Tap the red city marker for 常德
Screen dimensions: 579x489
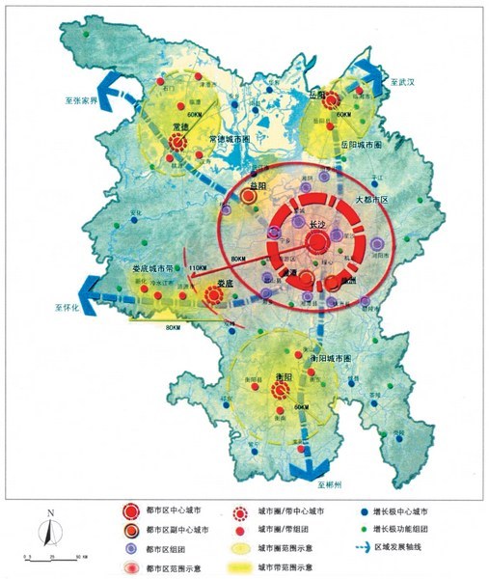click(177, 144)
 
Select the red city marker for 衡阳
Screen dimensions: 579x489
click(281, 390)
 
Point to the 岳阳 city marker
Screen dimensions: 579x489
click(331, 100)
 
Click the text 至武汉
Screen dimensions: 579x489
click(402, 84)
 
